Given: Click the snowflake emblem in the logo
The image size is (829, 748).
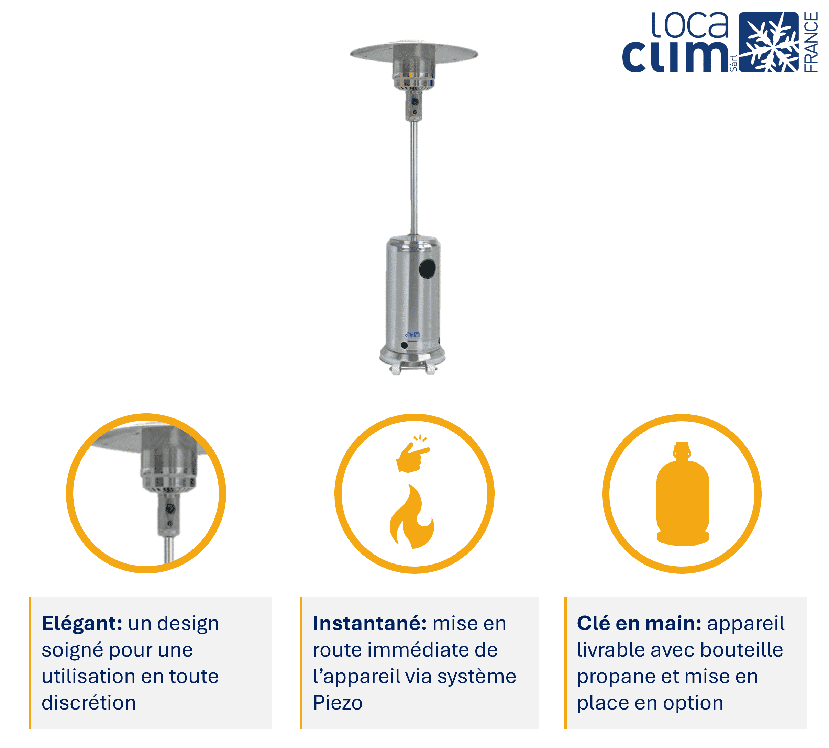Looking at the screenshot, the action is [x=768, y=42].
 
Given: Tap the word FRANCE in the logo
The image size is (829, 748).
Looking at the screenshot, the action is [x=810, y=42].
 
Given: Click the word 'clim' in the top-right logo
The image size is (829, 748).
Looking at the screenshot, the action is [x=675, y=57].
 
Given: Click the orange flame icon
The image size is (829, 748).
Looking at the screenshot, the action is [x=412, y=516].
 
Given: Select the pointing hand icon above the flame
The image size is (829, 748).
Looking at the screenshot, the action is [x=412, y=454].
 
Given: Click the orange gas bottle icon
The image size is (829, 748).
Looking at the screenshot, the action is [x=683, y=494].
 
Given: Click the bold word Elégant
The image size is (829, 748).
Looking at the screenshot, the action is [x=82, y=624].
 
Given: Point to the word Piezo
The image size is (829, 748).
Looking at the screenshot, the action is [x=338, y=703].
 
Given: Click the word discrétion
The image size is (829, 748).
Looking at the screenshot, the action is [x=89, y=702].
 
